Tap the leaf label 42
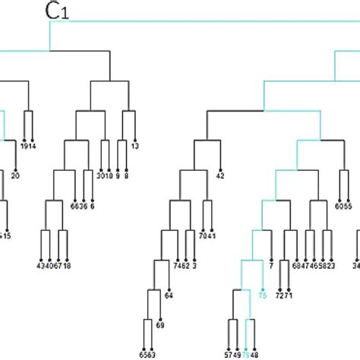[x=220, y=176]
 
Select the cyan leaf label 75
[x=263, y=298]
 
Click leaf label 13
[x=134, y=145]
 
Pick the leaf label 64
[x=169, y=295]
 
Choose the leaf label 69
[x=160, y=325]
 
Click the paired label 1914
[x=29, y=145]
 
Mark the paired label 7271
[x=284, y=295]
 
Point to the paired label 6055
[x=343, y=206]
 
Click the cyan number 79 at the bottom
[x=245, y=353]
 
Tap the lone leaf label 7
[x=271, y=266]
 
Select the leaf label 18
[x=67, y=266]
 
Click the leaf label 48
[x=254, y=353]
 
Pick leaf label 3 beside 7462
[x=194, y=266]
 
